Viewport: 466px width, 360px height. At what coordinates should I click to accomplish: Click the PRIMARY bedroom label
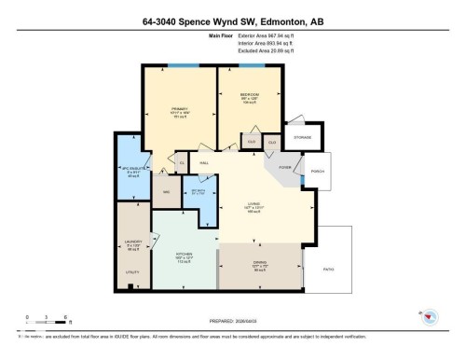180,108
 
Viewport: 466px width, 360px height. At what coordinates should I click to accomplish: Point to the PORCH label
317,170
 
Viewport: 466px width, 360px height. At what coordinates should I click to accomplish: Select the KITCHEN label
183,253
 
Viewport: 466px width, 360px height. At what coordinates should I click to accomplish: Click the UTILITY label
132,272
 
